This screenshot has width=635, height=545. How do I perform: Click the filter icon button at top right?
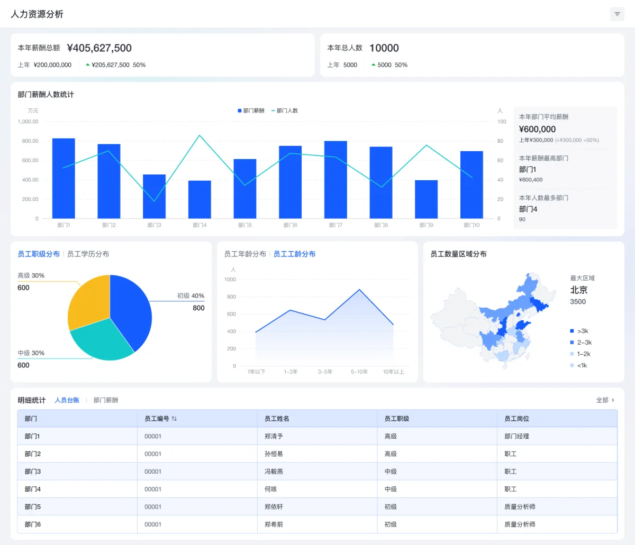point(617,14)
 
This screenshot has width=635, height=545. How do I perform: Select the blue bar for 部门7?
point(335,180)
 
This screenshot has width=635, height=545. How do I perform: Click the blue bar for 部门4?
point(199,200)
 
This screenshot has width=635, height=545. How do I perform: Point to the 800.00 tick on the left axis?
point(30,141)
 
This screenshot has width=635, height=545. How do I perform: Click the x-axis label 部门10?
point(471,225)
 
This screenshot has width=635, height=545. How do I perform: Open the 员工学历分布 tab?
point(88,254)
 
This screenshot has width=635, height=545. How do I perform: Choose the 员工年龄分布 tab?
point(245,254)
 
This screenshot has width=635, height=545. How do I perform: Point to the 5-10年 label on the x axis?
point(359,372)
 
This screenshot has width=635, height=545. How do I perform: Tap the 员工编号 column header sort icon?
point(174,419)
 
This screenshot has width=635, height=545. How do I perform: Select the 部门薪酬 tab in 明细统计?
point(106,400)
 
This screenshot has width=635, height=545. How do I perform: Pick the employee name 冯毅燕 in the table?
point(274,472)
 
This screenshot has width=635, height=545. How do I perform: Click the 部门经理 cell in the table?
point(516,437)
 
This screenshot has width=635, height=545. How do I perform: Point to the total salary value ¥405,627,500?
point(99,48)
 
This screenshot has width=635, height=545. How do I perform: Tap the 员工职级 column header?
point(396,419)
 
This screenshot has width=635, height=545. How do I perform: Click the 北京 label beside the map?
point(578,290)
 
